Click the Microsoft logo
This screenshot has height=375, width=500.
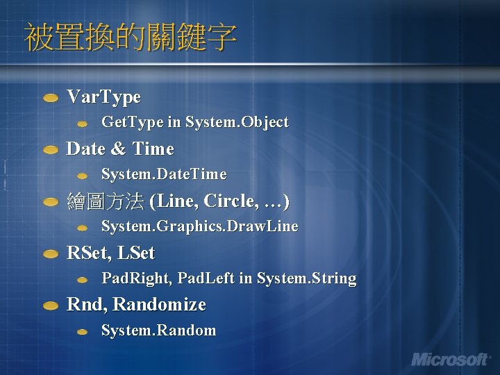pos(450,359)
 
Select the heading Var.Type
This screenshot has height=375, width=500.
pos(103,97)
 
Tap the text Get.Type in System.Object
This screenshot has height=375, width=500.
pos(194,122)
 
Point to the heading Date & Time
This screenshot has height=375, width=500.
pos(119,149)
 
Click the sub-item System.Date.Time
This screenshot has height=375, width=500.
pos(164,174)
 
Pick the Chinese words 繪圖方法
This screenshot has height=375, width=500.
pos(106,201)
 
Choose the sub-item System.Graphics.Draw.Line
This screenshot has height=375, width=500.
pos(200,226)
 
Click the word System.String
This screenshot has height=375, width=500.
pos(306,278)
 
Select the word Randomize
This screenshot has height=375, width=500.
pos(159,304)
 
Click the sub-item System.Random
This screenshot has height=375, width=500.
pos(158,331)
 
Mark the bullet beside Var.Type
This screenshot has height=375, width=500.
pos(51,99)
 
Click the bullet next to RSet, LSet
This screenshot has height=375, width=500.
pos(51,254)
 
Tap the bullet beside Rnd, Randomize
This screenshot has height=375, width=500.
pos(51,306)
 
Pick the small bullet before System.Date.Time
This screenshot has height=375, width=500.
pos(82,176)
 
